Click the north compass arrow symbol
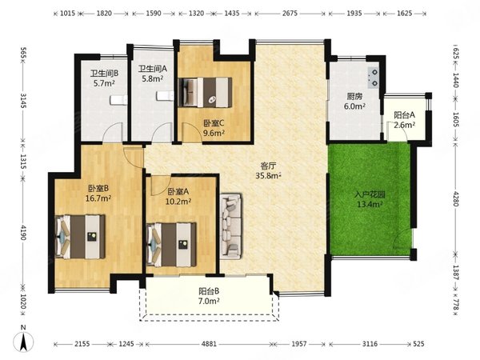tap(22, 340)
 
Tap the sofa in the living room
tap(231, 226)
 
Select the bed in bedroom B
tap(80, 237)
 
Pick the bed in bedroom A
tap(171, 245)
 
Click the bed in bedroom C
tap(205, 92)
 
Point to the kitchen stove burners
tap(374, 78)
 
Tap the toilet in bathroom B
tap(118, 100)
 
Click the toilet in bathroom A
tap(165, 96)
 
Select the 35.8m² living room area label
tap(269, 176)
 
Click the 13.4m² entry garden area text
tap(370, 204)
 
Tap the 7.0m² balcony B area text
tap(209, 301)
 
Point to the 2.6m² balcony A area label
tap(404, 125)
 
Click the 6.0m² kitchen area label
tap(354, 106)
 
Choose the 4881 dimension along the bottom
tap(209, 344)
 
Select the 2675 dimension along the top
tap(290, 14)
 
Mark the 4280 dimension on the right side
tap(456, 199)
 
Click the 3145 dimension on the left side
tap(23, 100)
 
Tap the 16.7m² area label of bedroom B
tap(98, 198)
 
